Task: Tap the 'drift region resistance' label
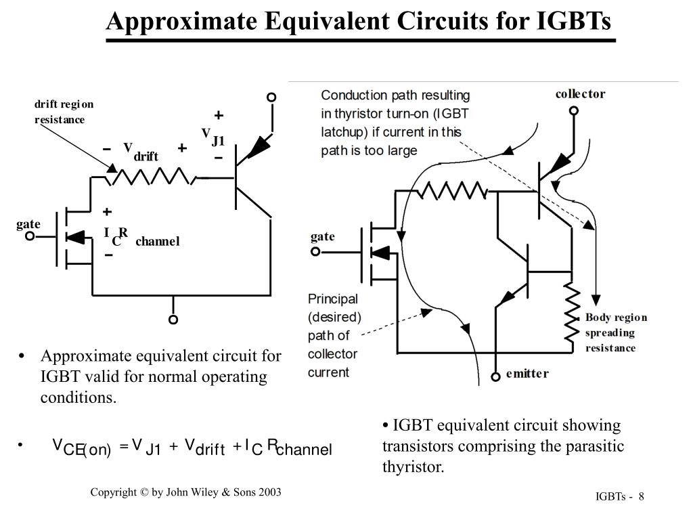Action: tap(64, 112)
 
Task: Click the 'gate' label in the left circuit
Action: tap(28, 224)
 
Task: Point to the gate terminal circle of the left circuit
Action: tap(30, 237)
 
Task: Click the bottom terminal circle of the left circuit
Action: tap(173, 319)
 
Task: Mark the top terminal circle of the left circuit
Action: tap(271, 97)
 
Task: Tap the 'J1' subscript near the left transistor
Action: tap(217, 142)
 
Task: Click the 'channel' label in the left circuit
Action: tap(157, 242)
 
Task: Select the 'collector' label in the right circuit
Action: tap(580, 94)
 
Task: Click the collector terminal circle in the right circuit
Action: tap(574, 110)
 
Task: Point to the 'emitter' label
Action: tap(527, 374)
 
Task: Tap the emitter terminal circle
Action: tap(497, 374)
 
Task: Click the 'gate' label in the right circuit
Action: tap(323, 236)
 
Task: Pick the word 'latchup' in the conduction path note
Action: tap(346, 131)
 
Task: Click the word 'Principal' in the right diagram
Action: tap(333, 299)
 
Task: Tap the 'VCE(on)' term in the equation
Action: tap(81, 448)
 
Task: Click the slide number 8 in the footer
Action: tap(640, 498)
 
